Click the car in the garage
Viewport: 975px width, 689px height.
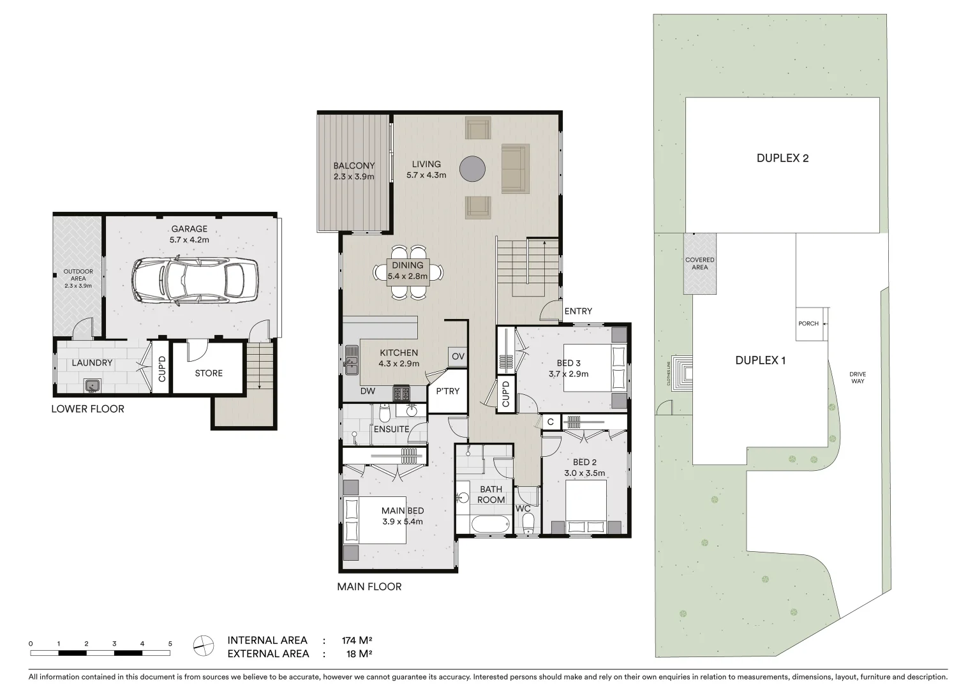pyautogui.click(x=195, y=281)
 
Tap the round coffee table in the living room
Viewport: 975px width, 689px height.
pyautogui.click(x=473, y=168)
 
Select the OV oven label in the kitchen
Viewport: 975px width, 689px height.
pyautogui.click(x=458, y=357)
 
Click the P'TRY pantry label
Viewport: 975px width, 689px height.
pyautogui.click(x=447, y=391)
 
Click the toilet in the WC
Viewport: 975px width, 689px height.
pyautogui.click(x=528, y=524)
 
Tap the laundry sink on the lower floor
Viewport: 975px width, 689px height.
pyautogui.click(x=93, y=385)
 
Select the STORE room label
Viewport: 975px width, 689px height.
pyautogui.click(x=209, y=373)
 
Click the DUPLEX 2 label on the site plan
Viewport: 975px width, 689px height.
pyautogui.click(x=782, y=158)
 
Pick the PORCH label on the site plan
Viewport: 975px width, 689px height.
pyautogui.click(x=808, y=323)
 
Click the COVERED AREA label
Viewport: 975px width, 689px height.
pyautogui.click(x=699, y=263)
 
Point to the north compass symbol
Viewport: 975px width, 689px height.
pyautogui.click(x=204, y=646)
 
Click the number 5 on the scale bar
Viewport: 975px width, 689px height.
pyautogui.click(x=170, y=644)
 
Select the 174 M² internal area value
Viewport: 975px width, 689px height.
pyautogui.click(x=357, y=640)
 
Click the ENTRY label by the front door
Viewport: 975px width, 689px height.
pyautogui.click(x=578, y=311)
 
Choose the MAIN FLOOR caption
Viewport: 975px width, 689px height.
pyautogui.click(x=369, y=587)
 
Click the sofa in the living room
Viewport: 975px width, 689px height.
pyautogui.click(x=515, y=168)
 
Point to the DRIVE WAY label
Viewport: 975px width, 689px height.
pyautogui.click(x=857, y=378)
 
